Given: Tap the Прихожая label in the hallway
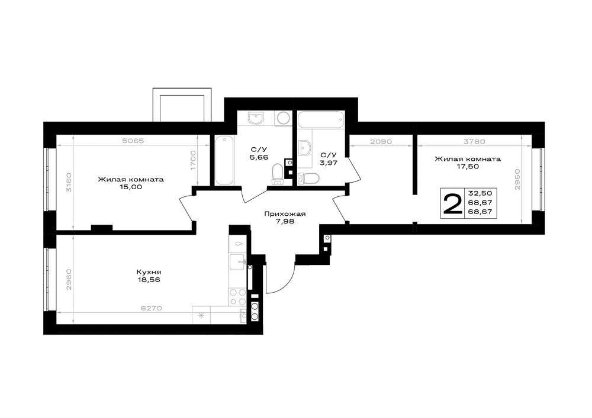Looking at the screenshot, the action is click(x=285, y=214).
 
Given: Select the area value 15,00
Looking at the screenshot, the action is click(x=131, y=187).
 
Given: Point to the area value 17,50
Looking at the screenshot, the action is click(x=468, y=166).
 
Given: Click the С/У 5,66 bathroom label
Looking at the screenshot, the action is click(x=259, y=153).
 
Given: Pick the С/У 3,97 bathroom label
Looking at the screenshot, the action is click(x=329, y=159).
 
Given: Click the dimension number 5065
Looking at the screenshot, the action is click(x=133, y=141).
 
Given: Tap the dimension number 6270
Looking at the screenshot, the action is click(x=152, y=308).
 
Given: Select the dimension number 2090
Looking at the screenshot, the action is click(x=381, y=142).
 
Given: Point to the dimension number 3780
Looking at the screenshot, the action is click(x=474, y=142).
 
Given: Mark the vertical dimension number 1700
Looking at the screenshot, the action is click(x=193, y=161).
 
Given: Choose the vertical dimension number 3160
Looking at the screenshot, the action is click(x=68, y=183).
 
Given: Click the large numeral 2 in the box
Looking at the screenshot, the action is click(x=452, y=203).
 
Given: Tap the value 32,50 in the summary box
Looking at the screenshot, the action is click(x=480, y=193).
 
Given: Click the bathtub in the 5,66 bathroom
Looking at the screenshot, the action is click(x=224, y=160).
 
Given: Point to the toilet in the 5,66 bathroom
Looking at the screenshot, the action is click(x=278, y=174).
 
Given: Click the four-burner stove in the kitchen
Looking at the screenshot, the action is click(x=238, y=296).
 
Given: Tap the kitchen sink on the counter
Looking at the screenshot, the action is click(x=237, y=262).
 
